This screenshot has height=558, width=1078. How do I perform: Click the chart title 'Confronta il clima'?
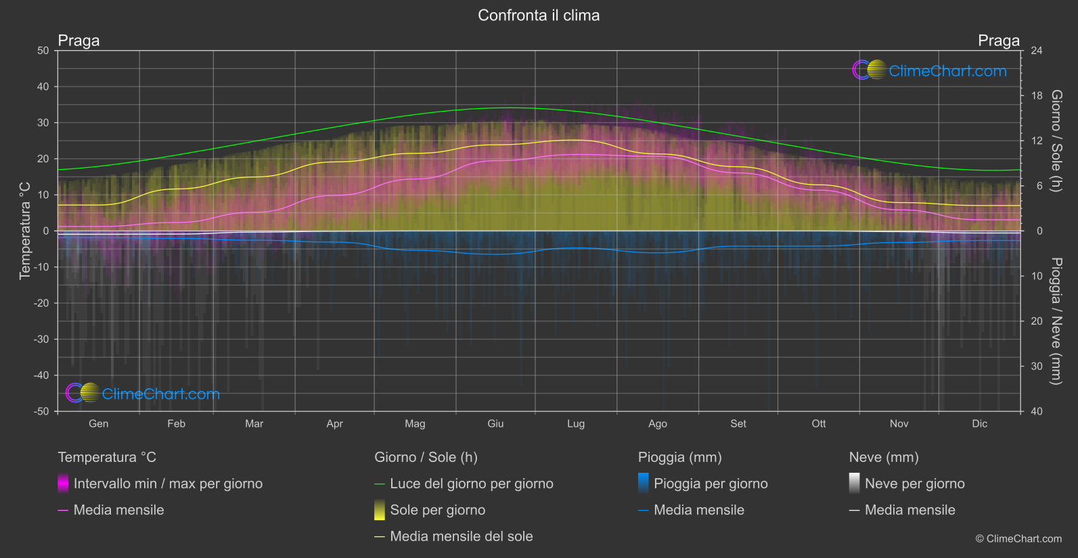point(539,16)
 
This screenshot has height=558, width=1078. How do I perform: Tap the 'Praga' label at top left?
point(78,41)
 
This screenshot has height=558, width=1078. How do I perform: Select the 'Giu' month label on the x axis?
point(495,423)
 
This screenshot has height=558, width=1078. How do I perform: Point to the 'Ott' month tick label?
point(818,423)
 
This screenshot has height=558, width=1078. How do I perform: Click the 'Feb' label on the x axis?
point(176,423)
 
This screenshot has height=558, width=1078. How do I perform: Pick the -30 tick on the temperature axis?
point(42,340)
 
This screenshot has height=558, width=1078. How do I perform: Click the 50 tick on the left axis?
point(43,51)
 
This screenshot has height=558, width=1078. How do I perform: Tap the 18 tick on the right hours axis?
point(1036,96)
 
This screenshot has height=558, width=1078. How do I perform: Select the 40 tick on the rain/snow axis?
point(1036,411)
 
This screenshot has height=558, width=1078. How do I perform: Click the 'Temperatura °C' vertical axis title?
point(25,230)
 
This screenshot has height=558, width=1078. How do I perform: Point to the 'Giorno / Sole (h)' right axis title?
point(1056,141)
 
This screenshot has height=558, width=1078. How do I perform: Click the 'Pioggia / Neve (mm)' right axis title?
point(1056,321)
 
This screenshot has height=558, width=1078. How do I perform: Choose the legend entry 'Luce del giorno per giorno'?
point(471,484)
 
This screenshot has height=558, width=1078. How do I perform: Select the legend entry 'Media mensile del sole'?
point(461,536)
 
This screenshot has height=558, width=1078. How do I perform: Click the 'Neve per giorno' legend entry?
point(914,484)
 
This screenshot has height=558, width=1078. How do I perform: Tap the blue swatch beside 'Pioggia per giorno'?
point(643,483)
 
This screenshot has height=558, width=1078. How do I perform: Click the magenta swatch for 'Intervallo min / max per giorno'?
point(63,483)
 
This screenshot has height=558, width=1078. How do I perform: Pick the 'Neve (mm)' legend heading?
point(883,457)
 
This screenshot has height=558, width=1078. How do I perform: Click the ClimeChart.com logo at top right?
point(930,70)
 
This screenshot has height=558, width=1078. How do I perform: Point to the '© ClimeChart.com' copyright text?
point(1018,539)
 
